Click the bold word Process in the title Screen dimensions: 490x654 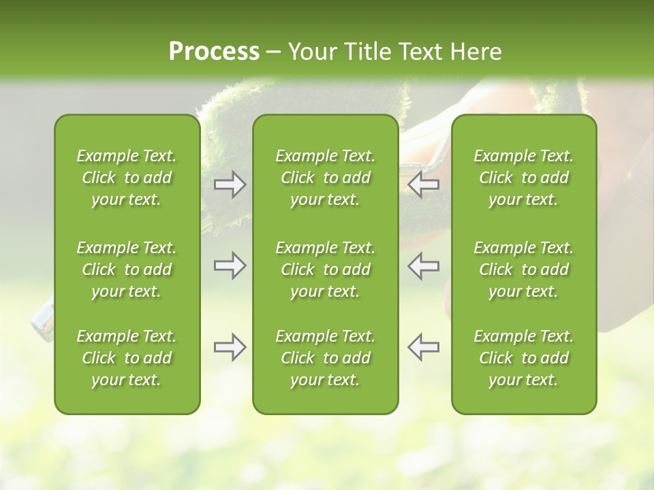tap(214, 52)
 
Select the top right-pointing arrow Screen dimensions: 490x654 tap(230, 184)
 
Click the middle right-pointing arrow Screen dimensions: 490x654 tap(230, 265)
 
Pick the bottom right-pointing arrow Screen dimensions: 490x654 tap(230, 346)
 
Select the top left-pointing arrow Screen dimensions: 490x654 tap(424, 184)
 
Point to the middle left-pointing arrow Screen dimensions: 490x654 tap(424, 265)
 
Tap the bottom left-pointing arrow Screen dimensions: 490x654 tap(424, 346)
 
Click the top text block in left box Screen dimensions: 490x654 tap(127, 178)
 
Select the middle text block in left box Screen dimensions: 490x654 tap(127, 269)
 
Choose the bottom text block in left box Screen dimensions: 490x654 tap(127, 358)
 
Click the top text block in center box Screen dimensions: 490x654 tap(325, 178)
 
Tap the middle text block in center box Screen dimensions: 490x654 tap(325, 269)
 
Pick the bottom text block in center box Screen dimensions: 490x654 tap(325, 358)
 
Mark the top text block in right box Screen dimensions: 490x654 tap(524, 178)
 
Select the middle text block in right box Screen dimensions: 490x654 tap(524, 269)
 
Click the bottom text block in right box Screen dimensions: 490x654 tap(524, 358)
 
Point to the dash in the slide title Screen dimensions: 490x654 tap(274, 52)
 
